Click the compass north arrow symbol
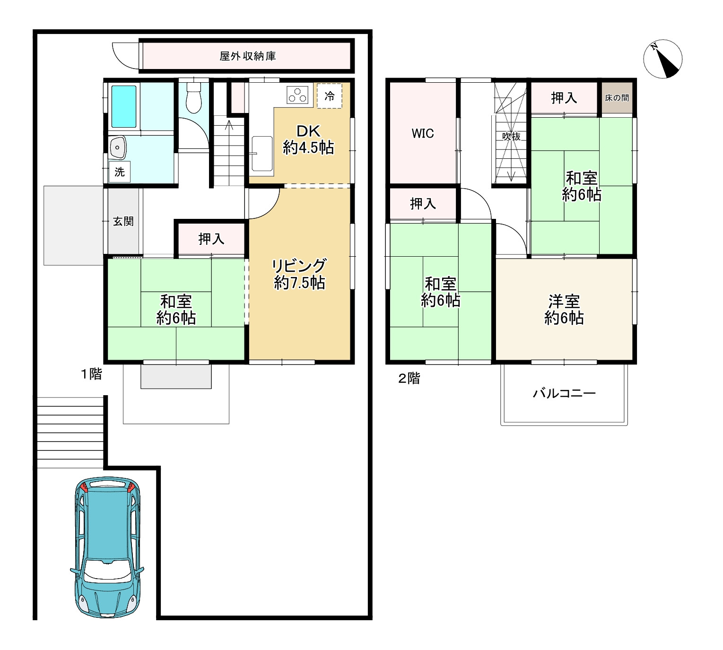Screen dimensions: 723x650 (662, 59)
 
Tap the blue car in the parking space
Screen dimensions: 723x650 (107, 550)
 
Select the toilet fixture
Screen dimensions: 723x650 (194, 98)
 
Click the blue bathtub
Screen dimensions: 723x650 (123, 107)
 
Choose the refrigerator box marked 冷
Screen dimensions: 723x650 (330, 96)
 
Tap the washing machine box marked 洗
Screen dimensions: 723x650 (119, 172)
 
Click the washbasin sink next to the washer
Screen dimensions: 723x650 (117, 147)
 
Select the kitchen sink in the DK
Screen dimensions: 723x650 (261, 154)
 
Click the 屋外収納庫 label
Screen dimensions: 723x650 (248, 56)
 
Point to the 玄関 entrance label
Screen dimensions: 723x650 (123, 221)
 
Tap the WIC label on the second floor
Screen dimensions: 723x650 (423, 134)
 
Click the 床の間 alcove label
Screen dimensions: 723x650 (617, 98)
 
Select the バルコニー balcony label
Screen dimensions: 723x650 (564, 393)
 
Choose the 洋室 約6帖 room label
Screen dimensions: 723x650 (564, 310)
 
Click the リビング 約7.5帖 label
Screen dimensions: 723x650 (299, 274)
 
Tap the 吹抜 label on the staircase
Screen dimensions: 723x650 (511, 137)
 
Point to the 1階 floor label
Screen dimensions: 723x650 (91, 374)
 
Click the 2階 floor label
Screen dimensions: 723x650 (409, 378)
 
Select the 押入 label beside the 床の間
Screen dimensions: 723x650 (564, 98)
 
